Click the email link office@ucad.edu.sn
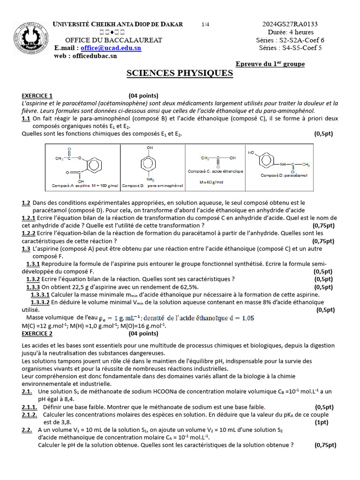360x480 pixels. click(x=111, y=48)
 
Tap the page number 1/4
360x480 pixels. click(x=206, y=24)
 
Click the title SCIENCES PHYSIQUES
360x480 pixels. click(x=180, y=73)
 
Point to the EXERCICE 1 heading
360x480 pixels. click(x=37, y=96)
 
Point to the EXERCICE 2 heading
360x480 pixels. click(x=37, y=334)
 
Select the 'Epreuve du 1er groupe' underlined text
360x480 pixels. click(x=270, y=64)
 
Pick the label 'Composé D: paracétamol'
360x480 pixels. click(x=284, y=175)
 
